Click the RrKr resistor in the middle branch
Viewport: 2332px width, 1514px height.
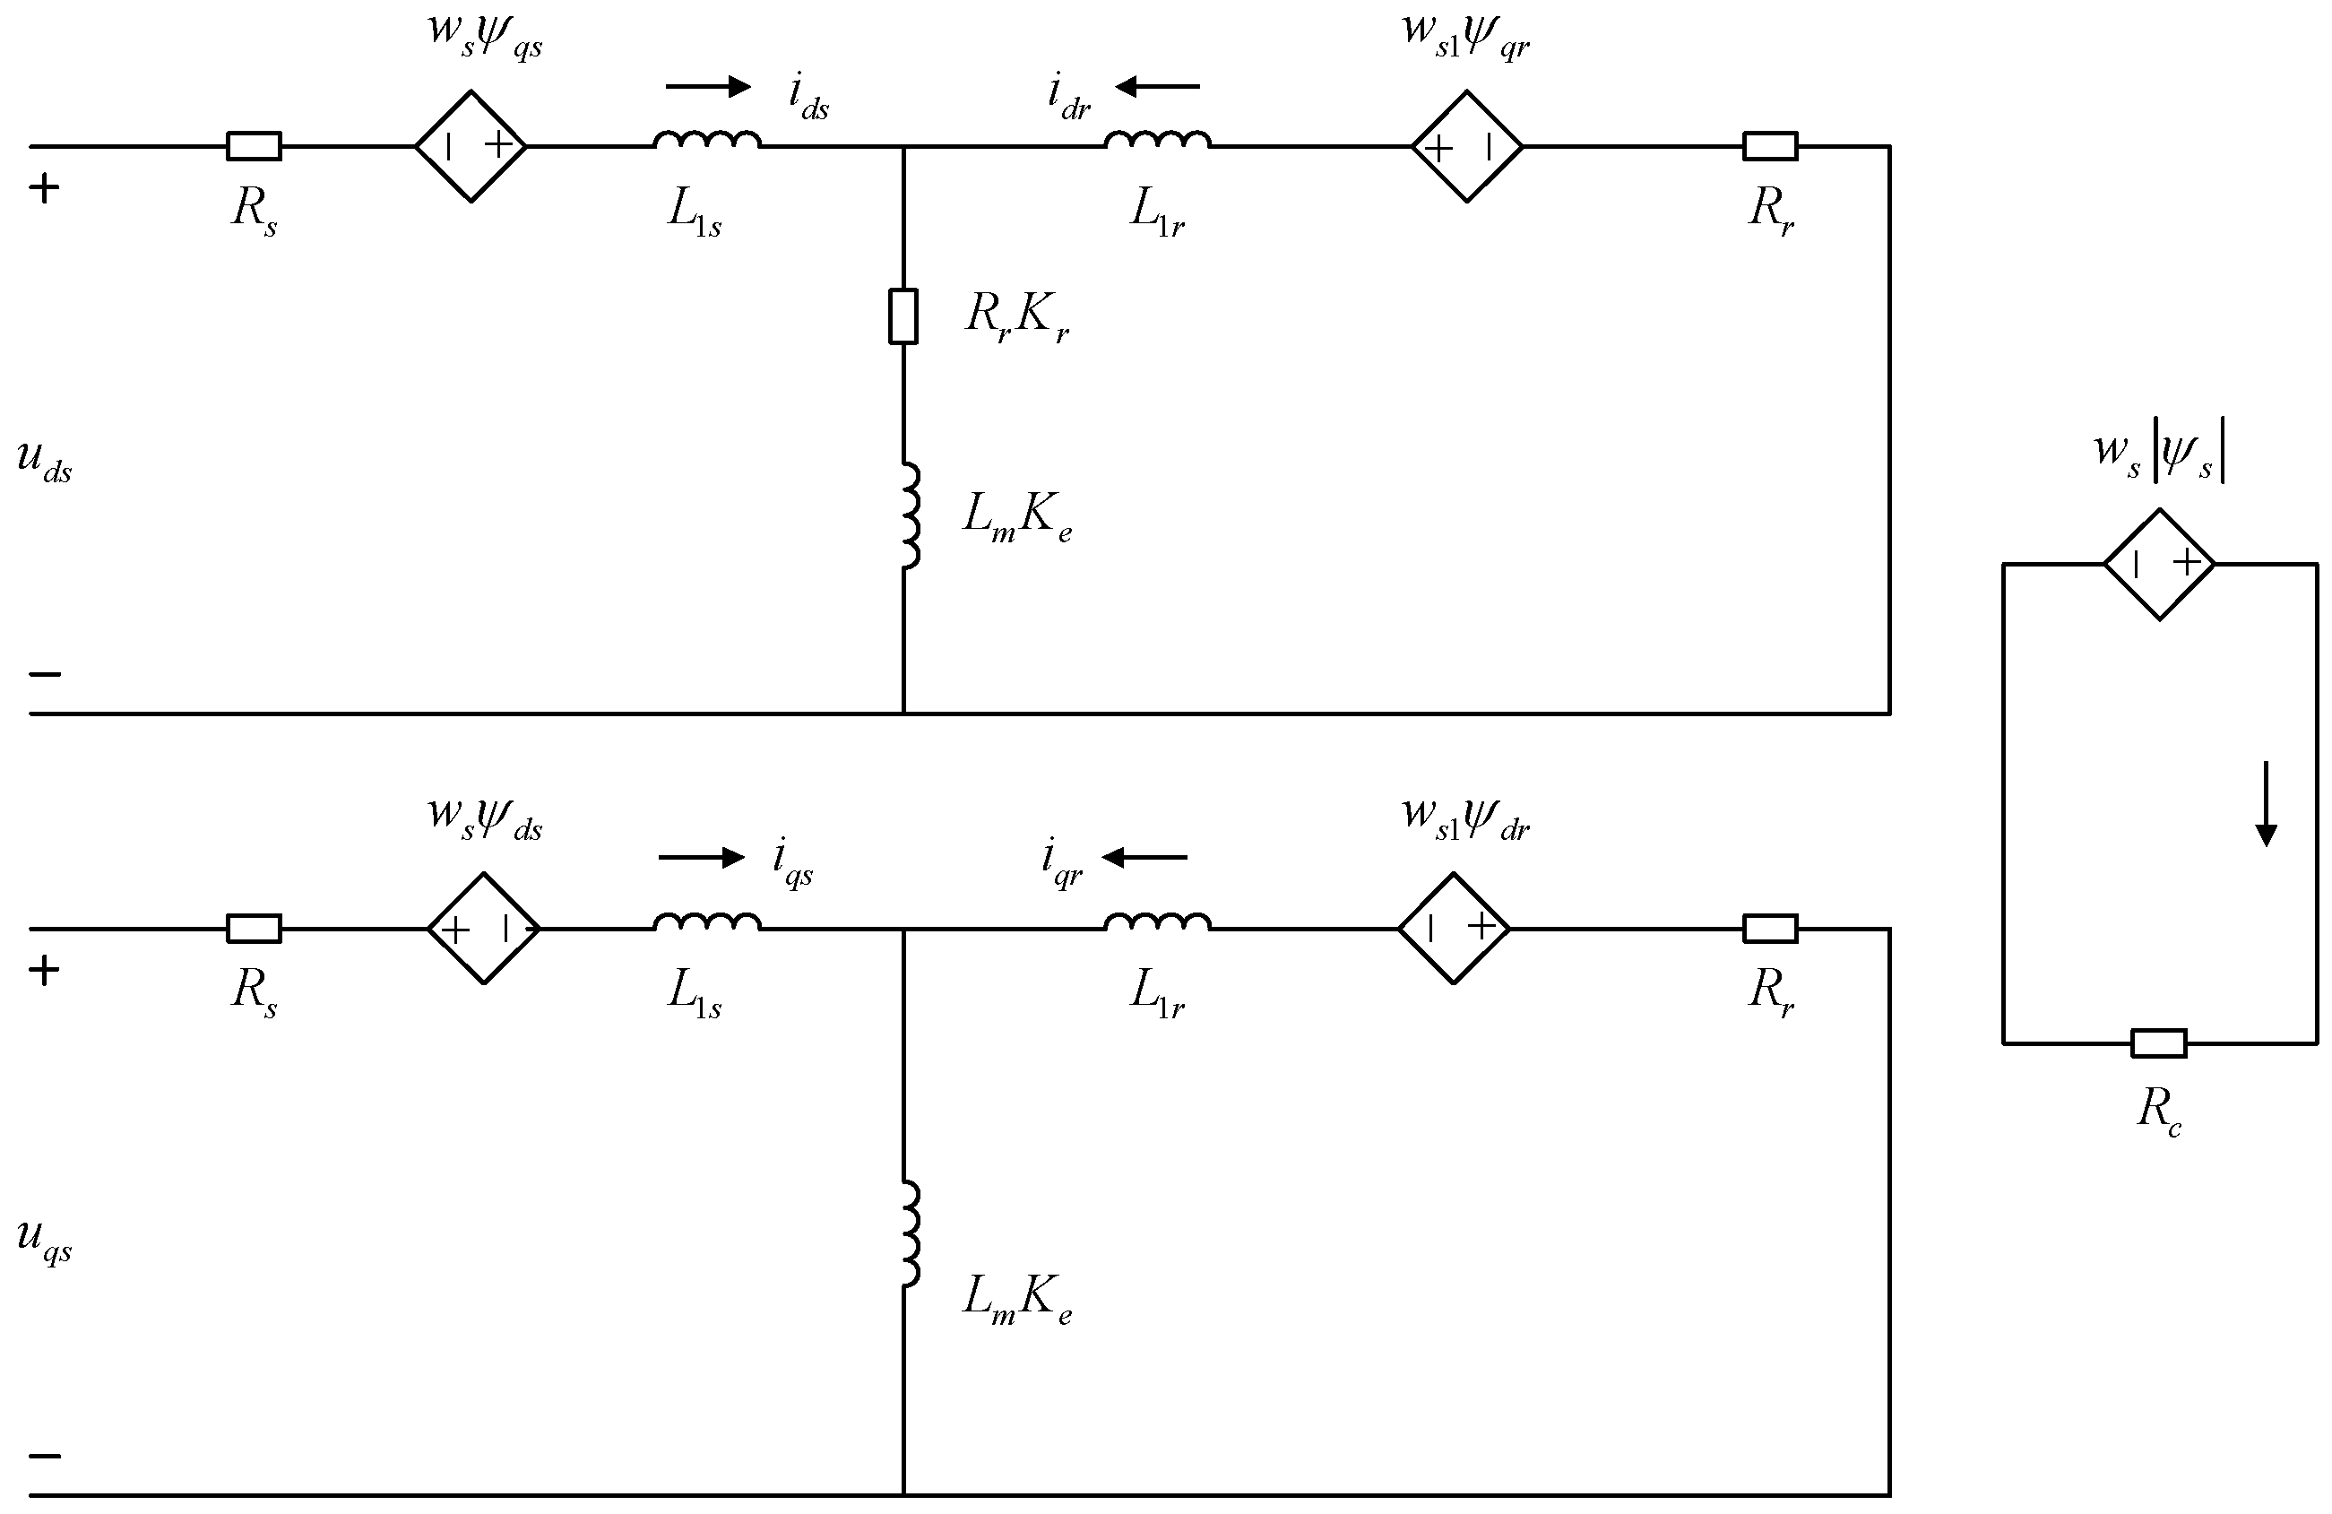point(903,316)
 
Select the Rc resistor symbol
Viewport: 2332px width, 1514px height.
point(2158,1043)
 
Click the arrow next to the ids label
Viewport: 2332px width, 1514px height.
point(707,87)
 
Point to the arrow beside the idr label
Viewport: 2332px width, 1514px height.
point(1157,87)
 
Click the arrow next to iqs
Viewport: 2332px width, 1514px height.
point(701,859)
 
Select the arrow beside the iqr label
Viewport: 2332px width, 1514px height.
point(1144,859)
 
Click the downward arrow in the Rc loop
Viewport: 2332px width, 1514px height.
point(2266,803)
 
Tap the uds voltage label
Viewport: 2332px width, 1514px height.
point(44,461)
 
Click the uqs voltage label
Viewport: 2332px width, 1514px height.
point(44,1239)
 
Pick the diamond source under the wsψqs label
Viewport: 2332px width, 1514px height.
point(471,147)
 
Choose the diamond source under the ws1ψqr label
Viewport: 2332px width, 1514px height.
point(1467,147)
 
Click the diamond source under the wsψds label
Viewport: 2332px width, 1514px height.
point(483,928)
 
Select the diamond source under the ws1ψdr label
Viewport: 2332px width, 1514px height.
point(1454,928)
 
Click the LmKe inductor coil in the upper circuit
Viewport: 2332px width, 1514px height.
point(911,516)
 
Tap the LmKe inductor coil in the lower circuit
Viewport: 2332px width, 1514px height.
point(911,1233)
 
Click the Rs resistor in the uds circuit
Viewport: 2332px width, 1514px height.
point(254,147)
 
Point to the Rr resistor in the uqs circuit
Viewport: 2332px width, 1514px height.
point(1769,928)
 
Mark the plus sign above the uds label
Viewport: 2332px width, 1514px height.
point(44,188)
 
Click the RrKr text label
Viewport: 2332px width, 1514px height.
point(1016,316)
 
